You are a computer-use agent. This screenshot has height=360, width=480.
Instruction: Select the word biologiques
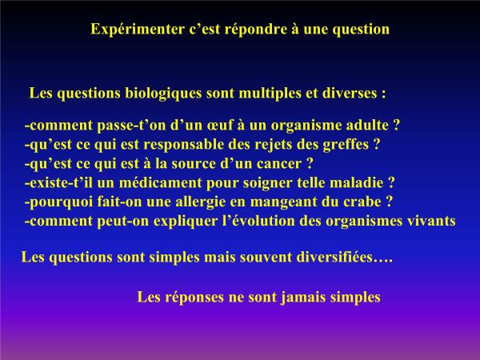click(x=163, y=94)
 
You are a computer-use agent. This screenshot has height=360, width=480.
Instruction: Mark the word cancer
click(x=279, y=164)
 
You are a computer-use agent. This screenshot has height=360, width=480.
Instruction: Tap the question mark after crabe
click(x=389, y=202)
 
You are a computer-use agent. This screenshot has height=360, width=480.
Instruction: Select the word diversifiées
click(x=334, y=257)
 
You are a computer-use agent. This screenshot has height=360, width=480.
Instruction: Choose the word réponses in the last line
click(x=194, y=298)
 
